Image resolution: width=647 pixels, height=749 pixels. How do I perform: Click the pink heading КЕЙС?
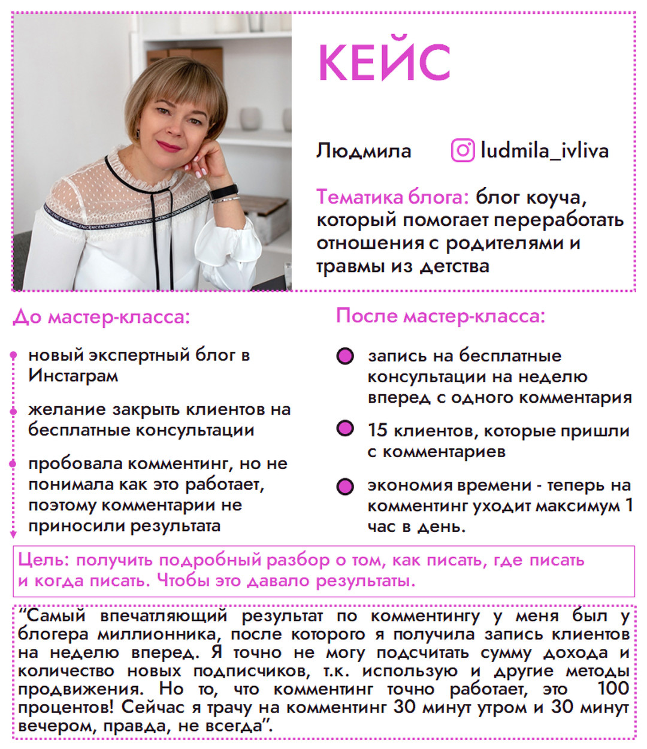point(383,62)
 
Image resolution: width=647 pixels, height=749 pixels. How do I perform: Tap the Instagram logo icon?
point(462,150)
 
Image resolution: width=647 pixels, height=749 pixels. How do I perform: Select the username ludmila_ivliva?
point(544,150)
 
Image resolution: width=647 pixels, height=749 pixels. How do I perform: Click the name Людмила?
point(364,150)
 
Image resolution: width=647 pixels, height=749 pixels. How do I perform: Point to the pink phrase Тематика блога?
point(392,197)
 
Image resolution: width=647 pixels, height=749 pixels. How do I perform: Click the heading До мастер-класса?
point(101,316)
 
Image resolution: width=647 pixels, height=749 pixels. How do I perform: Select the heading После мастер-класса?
point(440,315)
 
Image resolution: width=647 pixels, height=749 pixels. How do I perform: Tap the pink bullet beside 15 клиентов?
point(345,429)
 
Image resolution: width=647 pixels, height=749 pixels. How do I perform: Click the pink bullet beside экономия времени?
point(345,486)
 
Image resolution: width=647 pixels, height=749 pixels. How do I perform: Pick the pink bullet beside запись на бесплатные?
point(345,357)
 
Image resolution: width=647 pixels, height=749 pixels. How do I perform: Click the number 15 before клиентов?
point(377,430)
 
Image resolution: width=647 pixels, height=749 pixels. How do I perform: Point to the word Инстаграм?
point(73,376)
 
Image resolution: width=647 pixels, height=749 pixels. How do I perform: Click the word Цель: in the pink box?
point(44,560)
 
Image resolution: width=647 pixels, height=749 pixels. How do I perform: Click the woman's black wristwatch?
point(223,192)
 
